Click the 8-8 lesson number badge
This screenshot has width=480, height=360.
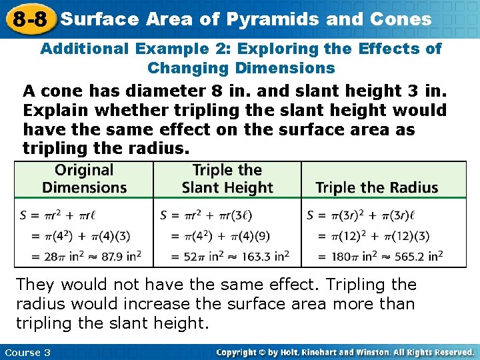coord(29,19)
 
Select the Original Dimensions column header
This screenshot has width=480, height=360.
coord(84,179)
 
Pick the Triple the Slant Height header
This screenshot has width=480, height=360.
coord(227,179)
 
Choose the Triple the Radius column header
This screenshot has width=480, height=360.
coord(377,188)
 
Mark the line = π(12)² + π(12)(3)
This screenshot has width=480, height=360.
coord(373,236)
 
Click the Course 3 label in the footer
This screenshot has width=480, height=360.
coord(27,352)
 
